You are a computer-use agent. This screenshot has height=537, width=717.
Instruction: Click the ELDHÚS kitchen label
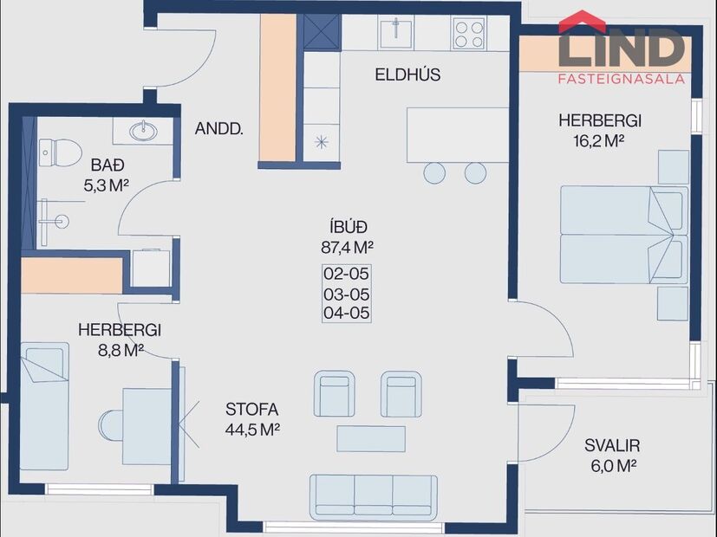tap(407, 74)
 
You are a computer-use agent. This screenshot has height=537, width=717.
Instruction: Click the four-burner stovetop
tap(468, 34)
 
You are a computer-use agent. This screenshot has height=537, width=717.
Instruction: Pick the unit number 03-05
tap(346, 293)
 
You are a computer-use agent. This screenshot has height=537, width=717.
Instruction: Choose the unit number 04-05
tap(346, 312)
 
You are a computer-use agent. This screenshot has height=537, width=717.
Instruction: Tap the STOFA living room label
tap(251, 410)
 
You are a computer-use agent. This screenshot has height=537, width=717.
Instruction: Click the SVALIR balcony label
tap(611, 446)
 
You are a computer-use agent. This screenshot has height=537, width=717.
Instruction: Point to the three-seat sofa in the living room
tap(375, 496)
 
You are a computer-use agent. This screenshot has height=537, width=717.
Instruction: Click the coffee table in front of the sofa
tap(370, 438)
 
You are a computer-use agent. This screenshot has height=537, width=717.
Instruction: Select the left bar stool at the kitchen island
tap(434, 172)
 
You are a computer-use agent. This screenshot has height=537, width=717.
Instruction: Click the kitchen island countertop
tap(457, 133)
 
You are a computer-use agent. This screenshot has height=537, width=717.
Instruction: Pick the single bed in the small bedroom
tap(43, 405)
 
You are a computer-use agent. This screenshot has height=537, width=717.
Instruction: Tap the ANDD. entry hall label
tap(218, 129)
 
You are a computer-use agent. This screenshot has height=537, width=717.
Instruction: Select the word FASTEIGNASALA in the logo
tap(621, 79)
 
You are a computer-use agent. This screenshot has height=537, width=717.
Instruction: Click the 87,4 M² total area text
tap(346, 246)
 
